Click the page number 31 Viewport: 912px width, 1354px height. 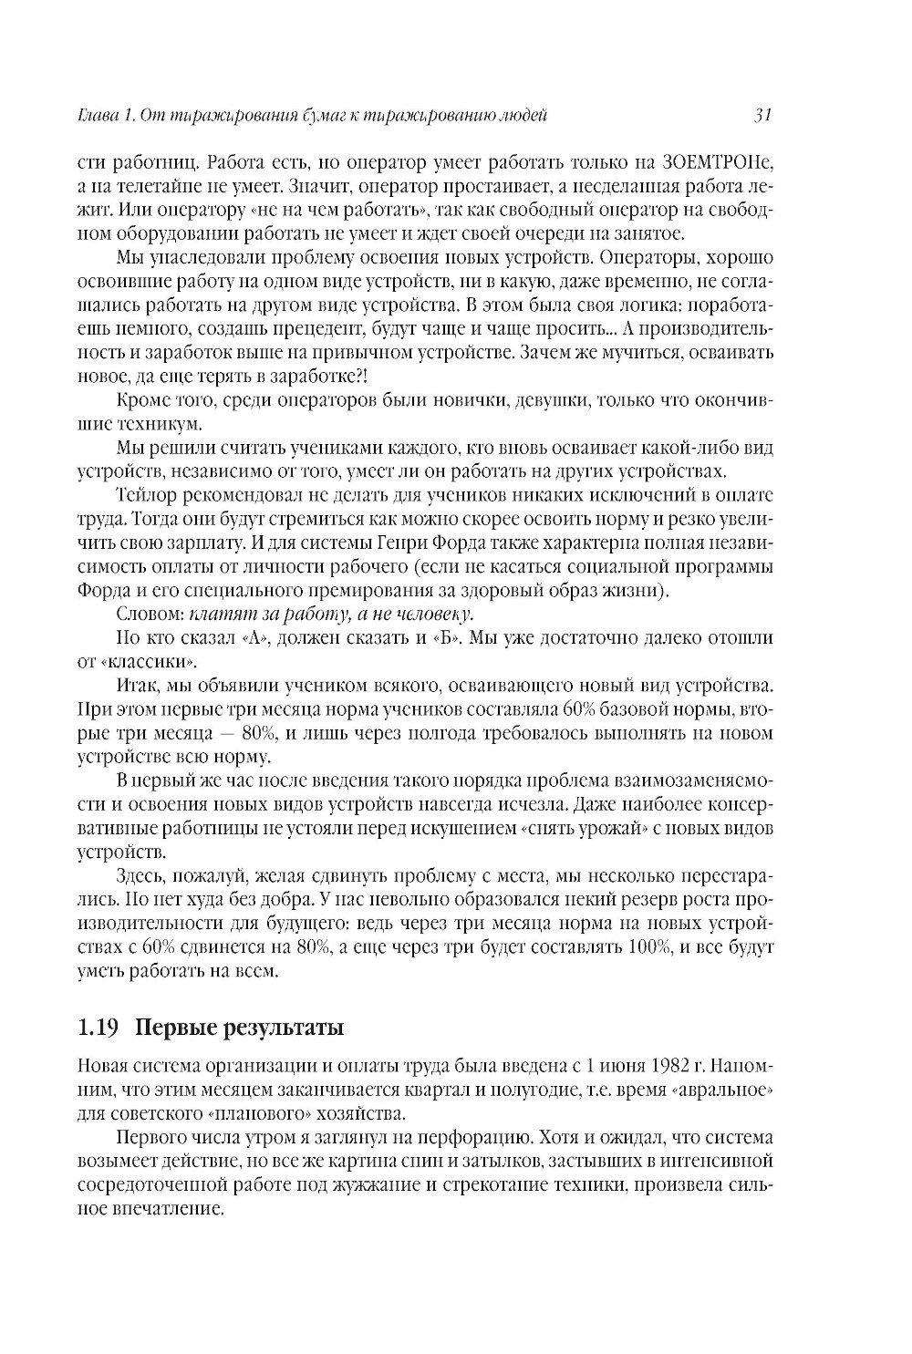tap(763, 115)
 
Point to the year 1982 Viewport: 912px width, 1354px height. tap(676, 1066)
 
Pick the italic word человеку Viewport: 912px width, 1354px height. tap(428, 614)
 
